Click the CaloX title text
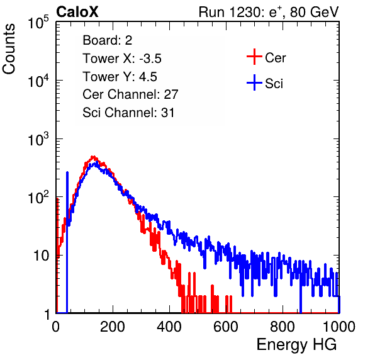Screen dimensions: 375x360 tap(77, 12)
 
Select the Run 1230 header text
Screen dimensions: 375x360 tap(269, 12)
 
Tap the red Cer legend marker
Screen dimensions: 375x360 tap(254, 57)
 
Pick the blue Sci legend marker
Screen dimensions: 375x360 tap(254, 82)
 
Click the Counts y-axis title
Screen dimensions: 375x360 tap(9, 49)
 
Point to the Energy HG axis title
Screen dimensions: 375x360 tap(296, 345)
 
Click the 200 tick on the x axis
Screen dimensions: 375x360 tap(113, 327)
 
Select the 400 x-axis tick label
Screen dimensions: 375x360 tap(169, 327)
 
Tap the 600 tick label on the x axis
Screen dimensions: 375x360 tap(226, 327)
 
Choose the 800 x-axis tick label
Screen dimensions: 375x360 tap(283, 327)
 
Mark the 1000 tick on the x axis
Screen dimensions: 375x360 tap(339, 327)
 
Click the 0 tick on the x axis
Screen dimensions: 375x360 tap(56, 327)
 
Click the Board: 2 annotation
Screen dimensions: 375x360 tap(108, 40)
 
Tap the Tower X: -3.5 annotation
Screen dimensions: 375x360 tap(122, 59)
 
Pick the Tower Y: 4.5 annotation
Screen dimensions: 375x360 tap(120, 77)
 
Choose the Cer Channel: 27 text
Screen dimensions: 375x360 tap(130, 94)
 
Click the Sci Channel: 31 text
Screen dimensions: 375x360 tap(128, 113)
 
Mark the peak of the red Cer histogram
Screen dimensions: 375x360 tap(94, 157)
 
